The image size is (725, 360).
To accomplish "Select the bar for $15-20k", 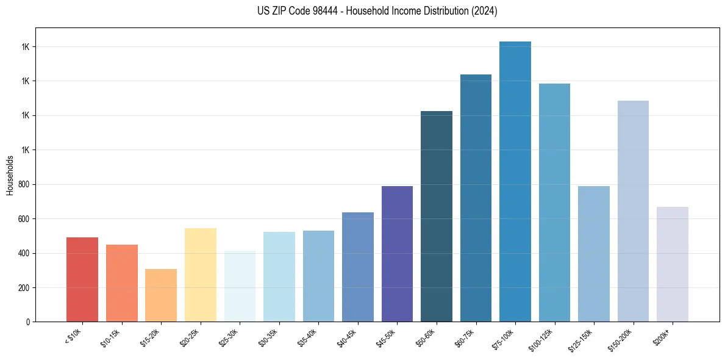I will click(161, 295).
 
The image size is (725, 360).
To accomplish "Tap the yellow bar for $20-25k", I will click(200, 275).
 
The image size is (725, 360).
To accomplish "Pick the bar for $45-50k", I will click(397, 254).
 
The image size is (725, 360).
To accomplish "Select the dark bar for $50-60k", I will click(437, 217).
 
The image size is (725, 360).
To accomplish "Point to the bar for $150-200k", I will click(633, 211).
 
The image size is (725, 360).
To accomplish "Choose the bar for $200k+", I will click(673, 264).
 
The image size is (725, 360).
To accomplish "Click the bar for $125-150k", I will click(594, 254).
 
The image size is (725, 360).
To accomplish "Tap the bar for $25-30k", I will click(240, 286).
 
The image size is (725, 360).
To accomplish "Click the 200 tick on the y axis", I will click(23, 287).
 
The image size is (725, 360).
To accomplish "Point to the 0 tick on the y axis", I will click(27, 322).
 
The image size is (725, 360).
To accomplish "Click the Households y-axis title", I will click(10, 175).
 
